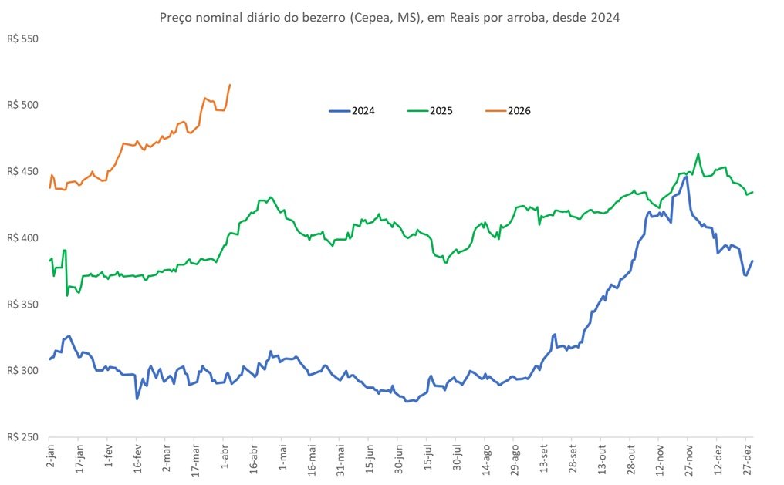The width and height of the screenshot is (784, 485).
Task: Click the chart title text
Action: click(x=389, y=16)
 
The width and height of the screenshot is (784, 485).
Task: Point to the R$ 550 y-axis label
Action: click(x=22, y=38)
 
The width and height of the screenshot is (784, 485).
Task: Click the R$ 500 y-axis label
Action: click(x=22, y=104)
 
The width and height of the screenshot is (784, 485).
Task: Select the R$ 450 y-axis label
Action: click(x=22, y=171)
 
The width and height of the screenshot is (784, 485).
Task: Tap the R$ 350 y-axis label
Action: click(x=22, y=304)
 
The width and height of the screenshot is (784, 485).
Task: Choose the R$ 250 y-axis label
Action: click(x=22, y=437)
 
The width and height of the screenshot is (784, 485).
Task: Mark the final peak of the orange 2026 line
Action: click(x=230, y=85)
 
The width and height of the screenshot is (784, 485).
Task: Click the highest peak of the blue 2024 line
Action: click(x=685, y=177)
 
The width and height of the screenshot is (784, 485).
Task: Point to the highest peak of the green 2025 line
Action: click(x=698, y=154)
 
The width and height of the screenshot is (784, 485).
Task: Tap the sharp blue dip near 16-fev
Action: click(x=137, y=398)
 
